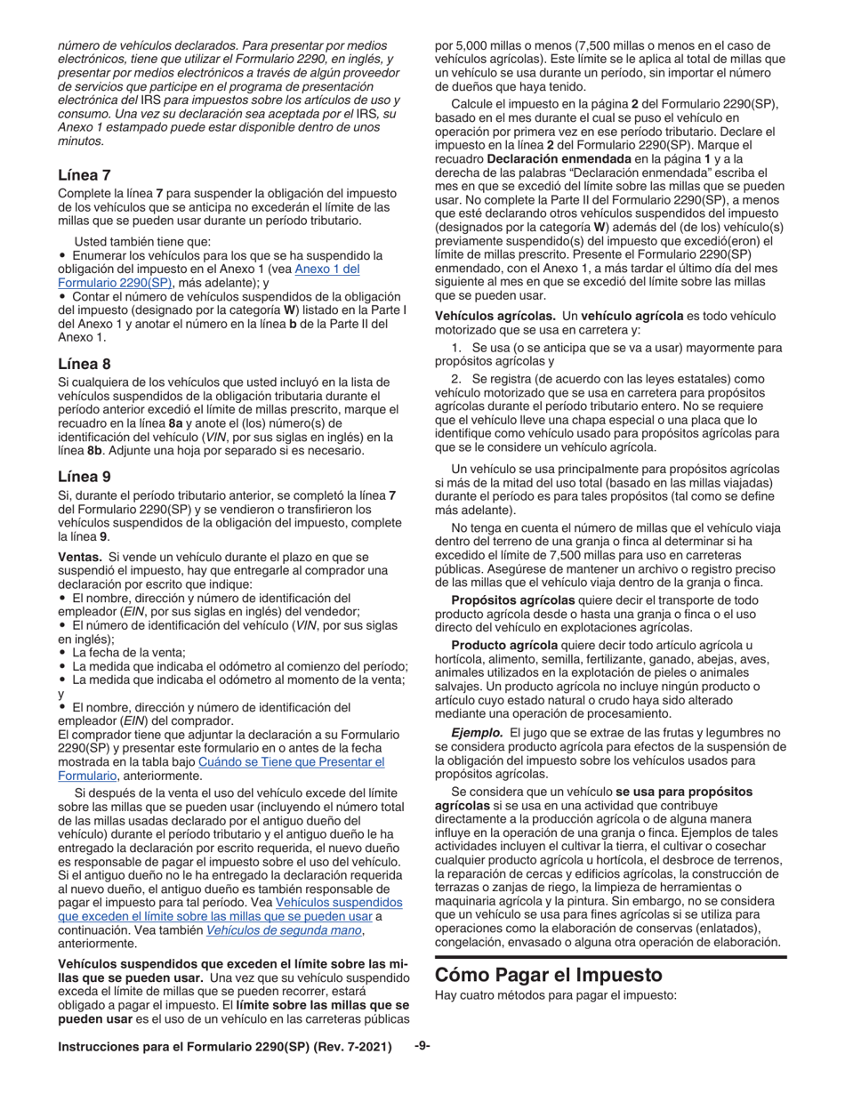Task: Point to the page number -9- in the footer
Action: pyautogui.click(x=422, y=1047)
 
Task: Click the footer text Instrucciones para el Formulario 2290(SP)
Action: pyautogui.click(x=224, y=1048)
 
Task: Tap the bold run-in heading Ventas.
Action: pyautogui.click(x=81, y=556)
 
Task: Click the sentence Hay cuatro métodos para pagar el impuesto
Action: pyautogui.click(x=556, y=995)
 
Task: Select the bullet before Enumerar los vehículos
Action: pyautogui.click(x=62, y=255)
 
